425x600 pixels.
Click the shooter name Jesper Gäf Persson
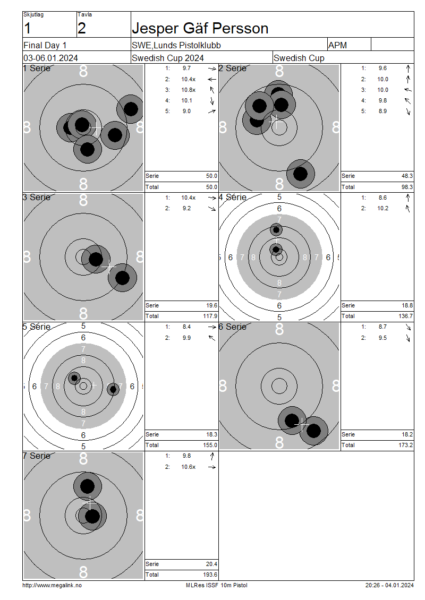pyautogui.click(x=200, y=28)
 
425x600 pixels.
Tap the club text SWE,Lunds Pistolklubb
pyautogui.click(x=176, y=45)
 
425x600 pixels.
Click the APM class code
pyautogui.click(x=337, y=45)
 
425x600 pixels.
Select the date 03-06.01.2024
pyautogui.click(x=50, y=58)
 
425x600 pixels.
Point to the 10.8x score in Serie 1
pyautogui.click(x=189, y=90)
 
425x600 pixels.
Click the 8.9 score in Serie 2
pyautogui.click(x=382, y=111)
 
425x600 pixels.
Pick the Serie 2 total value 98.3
pyautogui.click(x=407, y=187)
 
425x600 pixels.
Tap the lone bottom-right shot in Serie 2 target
pyautogui.click(x=301, y=174)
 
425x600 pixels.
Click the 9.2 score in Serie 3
pyautogui.click(x=186, y=208)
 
